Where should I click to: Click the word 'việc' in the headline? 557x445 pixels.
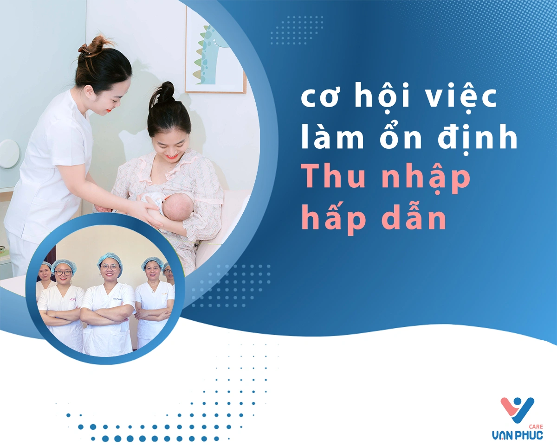461,98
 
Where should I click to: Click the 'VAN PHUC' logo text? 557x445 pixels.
517,435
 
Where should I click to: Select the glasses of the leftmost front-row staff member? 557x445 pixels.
63,273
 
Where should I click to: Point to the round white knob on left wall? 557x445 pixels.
9,154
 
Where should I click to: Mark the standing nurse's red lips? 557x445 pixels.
109,111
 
